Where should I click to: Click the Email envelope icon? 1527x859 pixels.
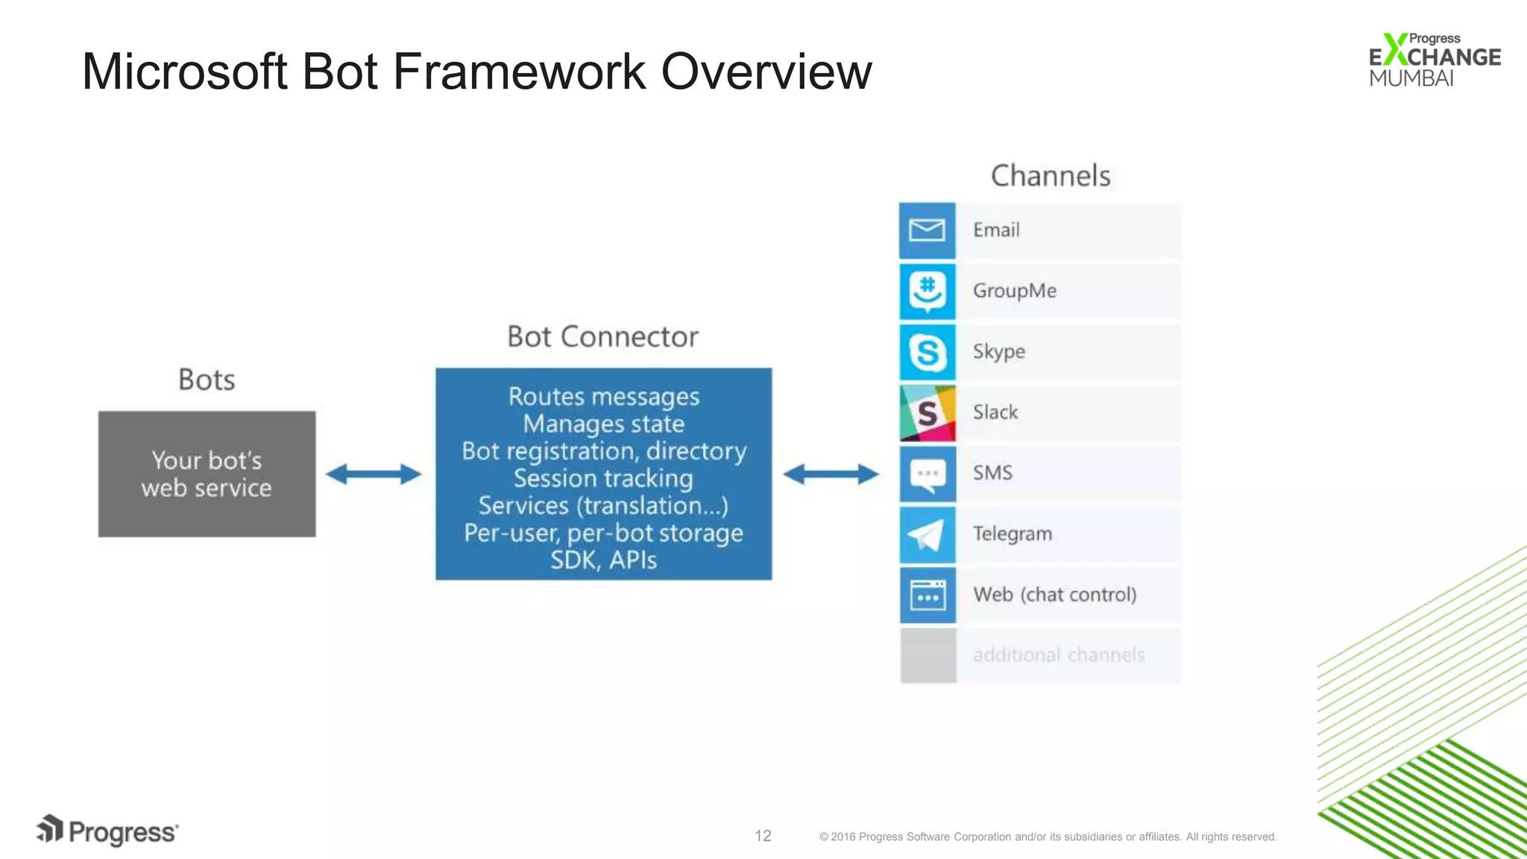[927, 230]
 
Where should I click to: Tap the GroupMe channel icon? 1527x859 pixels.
[927, 291]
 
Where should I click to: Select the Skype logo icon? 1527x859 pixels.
[927, 352]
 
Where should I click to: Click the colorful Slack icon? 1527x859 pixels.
[927, 412]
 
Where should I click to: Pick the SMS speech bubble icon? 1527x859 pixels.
[927, 473]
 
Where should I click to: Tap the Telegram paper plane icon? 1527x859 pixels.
[927, 535]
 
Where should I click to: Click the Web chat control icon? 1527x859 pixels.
[927, 595]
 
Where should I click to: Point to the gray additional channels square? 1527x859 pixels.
[928, 655]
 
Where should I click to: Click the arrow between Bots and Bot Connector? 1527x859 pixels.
[374, 473]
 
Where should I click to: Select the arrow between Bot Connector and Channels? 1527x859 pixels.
[831, 473]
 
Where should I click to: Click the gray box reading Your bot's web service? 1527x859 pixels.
[207, 473]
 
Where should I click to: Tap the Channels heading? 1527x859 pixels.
[1050, 176]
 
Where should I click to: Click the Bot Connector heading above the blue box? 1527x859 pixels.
[602, 337]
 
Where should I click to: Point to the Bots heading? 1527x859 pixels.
[207, 380]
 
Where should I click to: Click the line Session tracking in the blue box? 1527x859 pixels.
[602, 478]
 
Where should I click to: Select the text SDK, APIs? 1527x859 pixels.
[602, 560]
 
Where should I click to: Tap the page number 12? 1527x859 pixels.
[763, 836]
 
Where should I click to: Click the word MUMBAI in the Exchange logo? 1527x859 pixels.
[1411, 78]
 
